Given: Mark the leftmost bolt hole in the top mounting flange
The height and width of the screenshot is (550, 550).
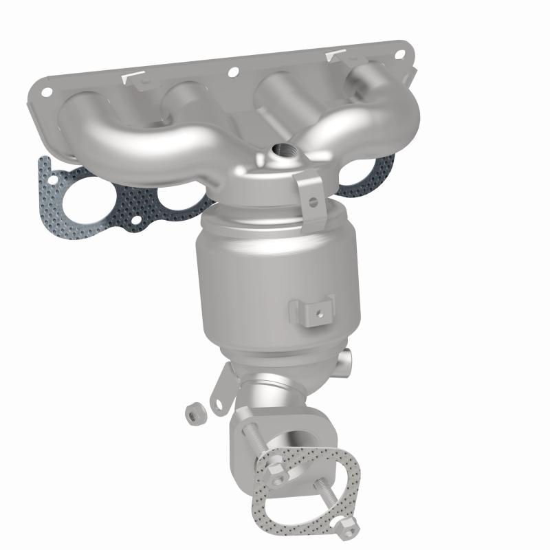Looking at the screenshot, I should [x=46, y=90].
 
